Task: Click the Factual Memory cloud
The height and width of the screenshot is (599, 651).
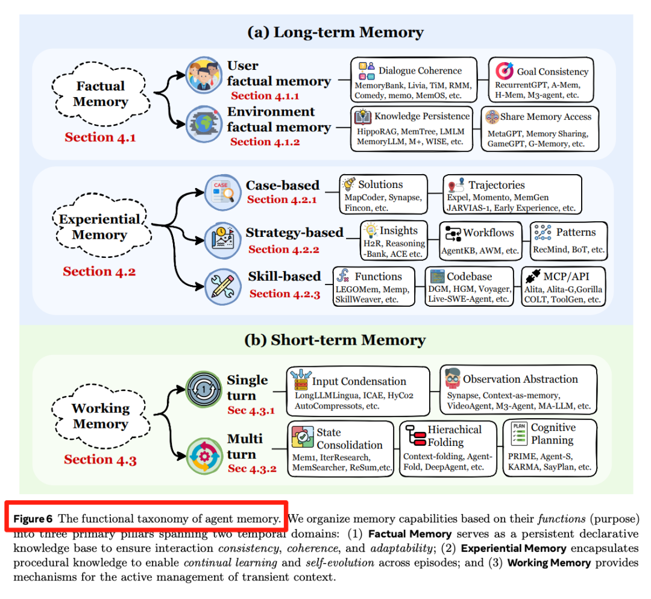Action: pyautogui.click(x=100, y=94)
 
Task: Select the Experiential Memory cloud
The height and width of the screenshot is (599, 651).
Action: pyautogui.click(x=99, y=227)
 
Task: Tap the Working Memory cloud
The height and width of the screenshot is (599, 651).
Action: pyautogui.click(x=100, y=416)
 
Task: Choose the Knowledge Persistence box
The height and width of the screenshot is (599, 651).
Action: pyautogui.click(x=414, y=128)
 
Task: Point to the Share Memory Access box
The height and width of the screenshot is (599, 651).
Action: pyautogui.click(x=540, y=128)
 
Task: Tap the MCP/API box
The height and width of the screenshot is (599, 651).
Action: pyautogui.click(x=562, y=285)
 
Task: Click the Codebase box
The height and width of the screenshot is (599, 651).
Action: pyautogui.click(x=469, y=285)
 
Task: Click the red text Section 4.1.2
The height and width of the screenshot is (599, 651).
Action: pyautogui.click(x=265, y=142)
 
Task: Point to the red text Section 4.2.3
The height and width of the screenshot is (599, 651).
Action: pyautogui.click(x=284, y=293)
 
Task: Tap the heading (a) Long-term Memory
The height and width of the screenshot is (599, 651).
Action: pyautogui.click(x=335, y=32)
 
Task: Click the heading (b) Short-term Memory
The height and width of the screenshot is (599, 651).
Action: pyautogui.click(x=335, y=340)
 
